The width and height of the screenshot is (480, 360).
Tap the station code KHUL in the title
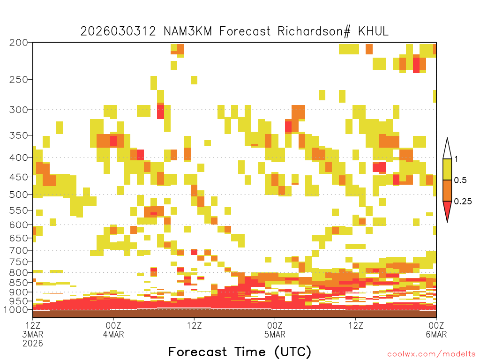[x=373, y=31]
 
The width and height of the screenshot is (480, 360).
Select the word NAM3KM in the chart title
[x=187, y=31]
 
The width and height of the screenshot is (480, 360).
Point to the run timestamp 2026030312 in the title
[x=118, y=31]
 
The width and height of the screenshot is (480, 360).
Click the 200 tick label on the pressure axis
[x=19, y=43]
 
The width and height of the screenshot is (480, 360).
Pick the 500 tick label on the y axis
[x=19, y=195]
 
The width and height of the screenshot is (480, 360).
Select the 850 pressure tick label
[x=19, y=282]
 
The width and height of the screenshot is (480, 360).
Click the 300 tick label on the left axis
[x=19, y=110]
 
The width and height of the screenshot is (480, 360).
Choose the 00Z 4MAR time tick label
[x=113, y=330]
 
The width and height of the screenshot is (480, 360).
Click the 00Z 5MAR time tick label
[x=275, y=330]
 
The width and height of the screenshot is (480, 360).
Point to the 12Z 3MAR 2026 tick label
[x=33, y=334]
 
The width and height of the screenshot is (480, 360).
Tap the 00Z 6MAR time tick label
[x=436, y=330]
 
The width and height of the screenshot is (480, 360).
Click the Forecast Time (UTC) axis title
[x=240, y=352]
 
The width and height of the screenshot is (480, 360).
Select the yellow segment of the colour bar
[x=447, y=169]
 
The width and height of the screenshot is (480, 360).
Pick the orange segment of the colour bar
[x=447, y=190]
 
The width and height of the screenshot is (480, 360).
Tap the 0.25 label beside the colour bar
[x=463, y=202]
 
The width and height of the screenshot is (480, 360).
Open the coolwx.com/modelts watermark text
[x=432, y=354]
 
